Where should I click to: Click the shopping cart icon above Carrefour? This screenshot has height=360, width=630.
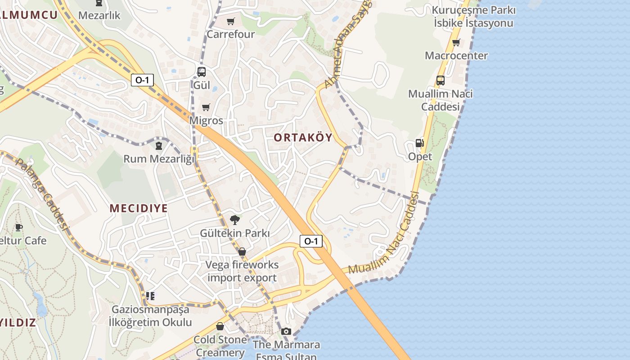pos(231,21)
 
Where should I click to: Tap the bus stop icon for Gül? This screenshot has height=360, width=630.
pos(201,72)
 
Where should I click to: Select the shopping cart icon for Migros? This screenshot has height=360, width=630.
pos(206,107)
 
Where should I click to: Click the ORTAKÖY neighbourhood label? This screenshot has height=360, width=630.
pos(303,138)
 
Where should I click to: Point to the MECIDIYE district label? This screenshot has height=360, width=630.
pos(139,208)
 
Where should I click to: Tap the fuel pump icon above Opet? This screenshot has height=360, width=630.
pos(419,143)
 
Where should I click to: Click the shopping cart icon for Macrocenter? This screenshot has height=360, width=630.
pos(456,43)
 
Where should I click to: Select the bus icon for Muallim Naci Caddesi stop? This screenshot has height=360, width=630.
pos(440,81)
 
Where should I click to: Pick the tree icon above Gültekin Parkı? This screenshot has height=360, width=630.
pos(234,220)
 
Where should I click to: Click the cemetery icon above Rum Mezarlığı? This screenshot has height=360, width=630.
pos(158,145)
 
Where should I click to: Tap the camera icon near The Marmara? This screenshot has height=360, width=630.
pos(286,332)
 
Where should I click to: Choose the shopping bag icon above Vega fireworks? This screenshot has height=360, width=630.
pos(242,252)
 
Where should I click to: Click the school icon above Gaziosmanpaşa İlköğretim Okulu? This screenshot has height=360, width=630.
pos(150,296)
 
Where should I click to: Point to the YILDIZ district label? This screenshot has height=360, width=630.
pos(18,323)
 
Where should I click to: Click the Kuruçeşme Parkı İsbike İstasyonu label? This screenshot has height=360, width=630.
pos(473,17)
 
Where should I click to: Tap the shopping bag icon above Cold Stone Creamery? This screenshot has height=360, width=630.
pos(220,326)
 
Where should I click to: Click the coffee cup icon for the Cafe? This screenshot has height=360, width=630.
pos(18,227)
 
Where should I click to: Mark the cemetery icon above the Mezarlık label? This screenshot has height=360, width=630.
pos(99,3)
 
